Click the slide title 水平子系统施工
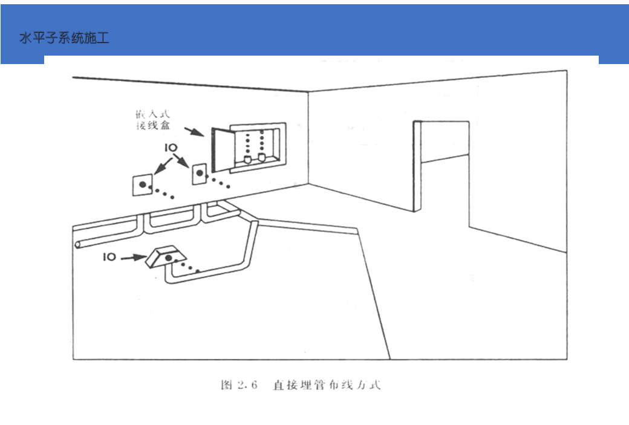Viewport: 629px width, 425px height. pos(64,39)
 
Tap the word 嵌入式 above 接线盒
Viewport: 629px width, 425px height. pos(149,114)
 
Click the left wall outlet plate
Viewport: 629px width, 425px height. pos(142,184)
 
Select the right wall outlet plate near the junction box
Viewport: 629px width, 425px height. pos(200,175)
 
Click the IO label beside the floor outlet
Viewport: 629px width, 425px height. pos(109,257)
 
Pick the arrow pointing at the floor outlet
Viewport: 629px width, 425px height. pos(132,258)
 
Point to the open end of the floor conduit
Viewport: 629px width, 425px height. pos(77,245)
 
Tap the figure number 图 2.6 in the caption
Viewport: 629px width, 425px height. pos(240,385)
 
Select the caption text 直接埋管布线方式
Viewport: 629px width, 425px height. pos(327,385)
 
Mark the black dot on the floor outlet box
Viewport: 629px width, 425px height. pos(169,258)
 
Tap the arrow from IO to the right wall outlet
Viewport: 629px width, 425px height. pos(183,162)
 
